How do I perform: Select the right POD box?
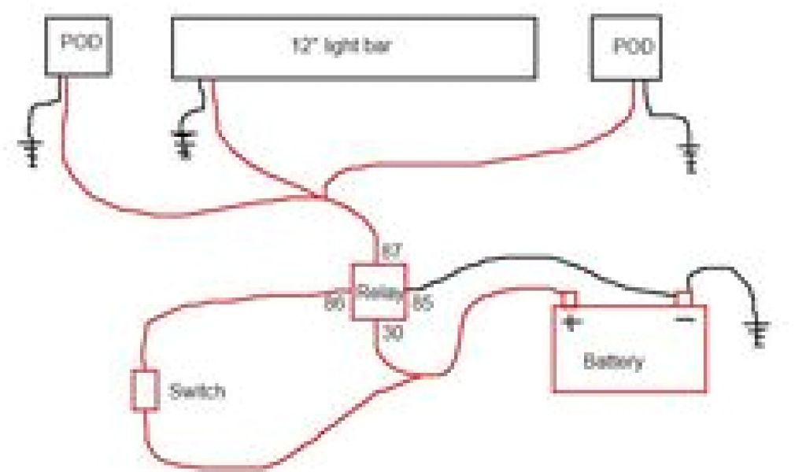point(626,46)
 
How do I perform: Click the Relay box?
point(379,292)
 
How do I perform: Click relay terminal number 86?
point(335,302)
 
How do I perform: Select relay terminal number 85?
point(422,302)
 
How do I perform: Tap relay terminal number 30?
point(393,334)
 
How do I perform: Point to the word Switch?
point(197,392)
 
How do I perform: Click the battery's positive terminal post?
point(568,298)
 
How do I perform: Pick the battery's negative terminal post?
point(683,299)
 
